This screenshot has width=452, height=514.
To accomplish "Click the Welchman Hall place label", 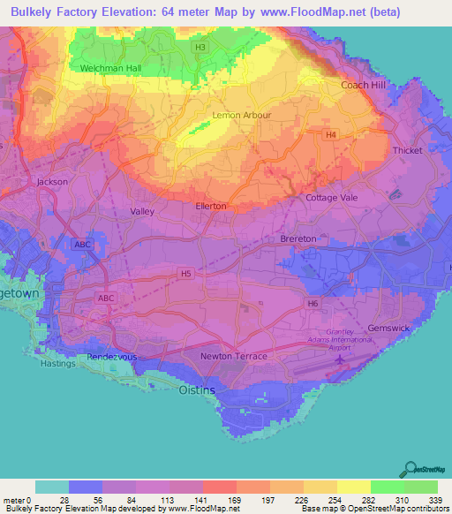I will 109,68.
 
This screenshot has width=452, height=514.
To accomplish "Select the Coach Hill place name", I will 364,85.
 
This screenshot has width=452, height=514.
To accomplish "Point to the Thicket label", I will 408,150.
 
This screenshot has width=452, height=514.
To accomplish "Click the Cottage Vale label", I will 332,198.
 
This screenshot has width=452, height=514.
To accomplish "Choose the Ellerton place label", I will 211,207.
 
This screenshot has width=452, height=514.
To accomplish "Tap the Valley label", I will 142,212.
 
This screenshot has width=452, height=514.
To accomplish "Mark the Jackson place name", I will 52,182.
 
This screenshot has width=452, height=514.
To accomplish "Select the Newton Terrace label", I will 234,356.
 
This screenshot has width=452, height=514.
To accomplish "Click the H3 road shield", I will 201,47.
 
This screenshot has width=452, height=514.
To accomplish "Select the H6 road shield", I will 313,304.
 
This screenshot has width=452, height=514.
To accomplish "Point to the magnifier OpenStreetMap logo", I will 409,468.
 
